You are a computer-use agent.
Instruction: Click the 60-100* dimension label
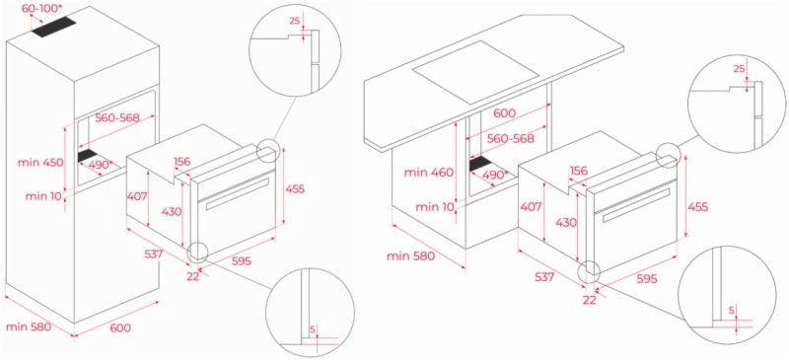click(42, 9)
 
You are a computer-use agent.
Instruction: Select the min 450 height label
click(40, 163)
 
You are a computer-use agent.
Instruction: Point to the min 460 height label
click(429, 173)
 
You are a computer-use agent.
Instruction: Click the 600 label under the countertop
click(505, 113)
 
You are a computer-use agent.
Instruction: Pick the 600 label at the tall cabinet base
click(120, 327)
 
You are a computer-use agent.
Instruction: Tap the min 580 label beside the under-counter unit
click(410, 256)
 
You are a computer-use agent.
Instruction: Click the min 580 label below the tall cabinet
click(29, 326)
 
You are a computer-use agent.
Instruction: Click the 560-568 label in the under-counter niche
click(510, 138)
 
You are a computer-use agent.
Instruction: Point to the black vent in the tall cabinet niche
click(89, 156)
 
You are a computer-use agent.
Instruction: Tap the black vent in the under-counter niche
click(480, 163)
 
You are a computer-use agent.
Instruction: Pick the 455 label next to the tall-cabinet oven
click(295, 188)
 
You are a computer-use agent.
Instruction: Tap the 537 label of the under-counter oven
click(544, 276)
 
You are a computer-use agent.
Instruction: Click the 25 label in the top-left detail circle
click(295, 21)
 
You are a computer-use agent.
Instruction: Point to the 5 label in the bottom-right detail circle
click(731, 311)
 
